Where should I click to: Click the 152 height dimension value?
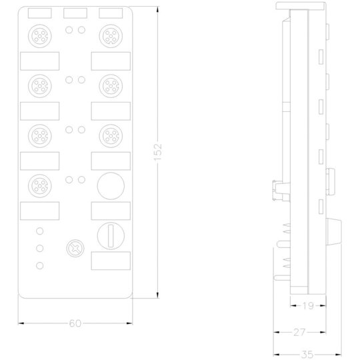pyautogui.click(x=157, y=152)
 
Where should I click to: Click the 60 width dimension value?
pyautogui.click(x=75, y=323)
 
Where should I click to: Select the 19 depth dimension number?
pyautogui.click(x=308, y=305)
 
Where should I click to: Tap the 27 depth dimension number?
pyautogui.click(x=299, y=332)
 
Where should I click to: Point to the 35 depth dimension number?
pyautogui.click(x=307, y=355)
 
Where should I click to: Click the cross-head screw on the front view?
pyautogui.click(x=75, y=248)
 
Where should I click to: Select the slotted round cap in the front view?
pyautogui.click(x=111, y=236)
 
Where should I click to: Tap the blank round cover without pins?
pyautogui.click(x=111, y=186)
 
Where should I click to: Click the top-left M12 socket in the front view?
pyautogui.click(x=40, y=36)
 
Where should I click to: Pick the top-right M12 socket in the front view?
pyautogui.click(x=111, y=36)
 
